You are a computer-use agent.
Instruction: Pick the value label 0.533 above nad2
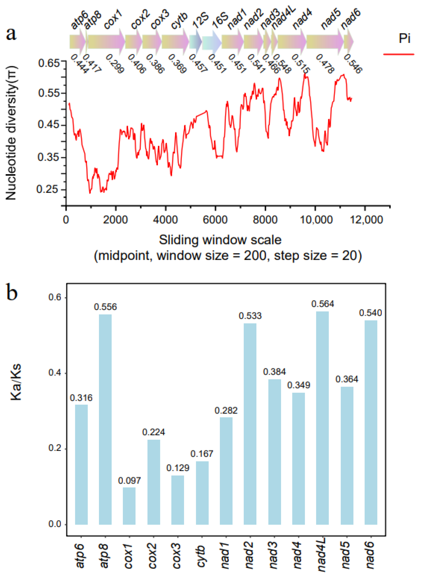250,316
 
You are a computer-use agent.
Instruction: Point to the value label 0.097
129,481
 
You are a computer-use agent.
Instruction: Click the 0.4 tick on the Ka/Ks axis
55,373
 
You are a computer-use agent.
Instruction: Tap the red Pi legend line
399,54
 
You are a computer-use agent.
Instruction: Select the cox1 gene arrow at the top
106,42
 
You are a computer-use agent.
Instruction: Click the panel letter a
11,34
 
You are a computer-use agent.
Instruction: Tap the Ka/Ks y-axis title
16,382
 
